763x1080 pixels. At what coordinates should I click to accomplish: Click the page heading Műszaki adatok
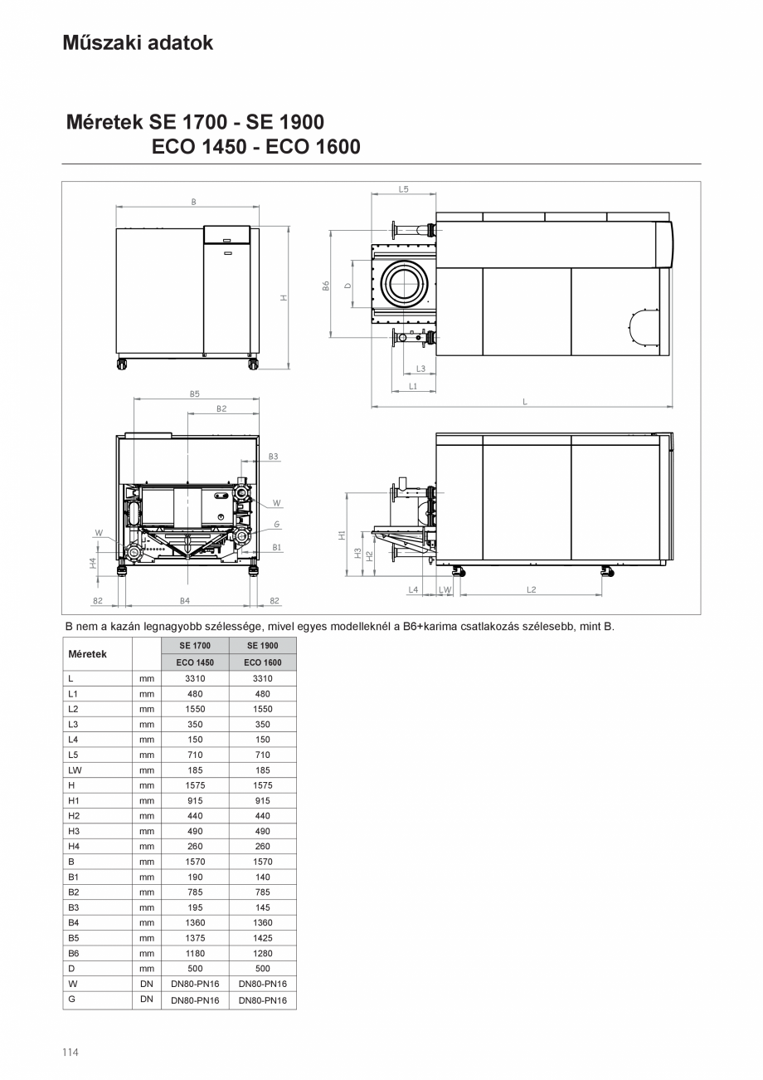click(x=138, y=43)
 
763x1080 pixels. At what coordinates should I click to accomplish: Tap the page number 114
click(x=70, y=1053)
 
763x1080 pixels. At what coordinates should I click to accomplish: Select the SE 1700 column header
click(x=195, y=645)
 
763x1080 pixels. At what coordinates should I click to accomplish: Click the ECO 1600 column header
click(x=262, y=662)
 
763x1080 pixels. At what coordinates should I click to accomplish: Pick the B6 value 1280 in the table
click(x=262, y=953)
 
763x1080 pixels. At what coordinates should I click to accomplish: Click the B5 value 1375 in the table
click(x=195, y=938)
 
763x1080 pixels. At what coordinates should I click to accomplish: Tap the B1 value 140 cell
click(x=262, y=877)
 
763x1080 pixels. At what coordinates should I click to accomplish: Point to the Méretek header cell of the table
click(x=88, y=654)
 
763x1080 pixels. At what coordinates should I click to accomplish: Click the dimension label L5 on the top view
click(x=403, y=189)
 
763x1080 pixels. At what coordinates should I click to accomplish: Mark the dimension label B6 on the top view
click(x=326, y=285)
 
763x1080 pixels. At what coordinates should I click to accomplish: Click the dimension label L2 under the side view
click(x=531, y=589)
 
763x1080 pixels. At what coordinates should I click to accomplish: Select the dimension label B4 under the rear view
click(x=185, y=600)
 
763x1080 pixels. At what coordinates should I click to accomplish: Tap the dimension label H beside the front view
click(x=284, y=297)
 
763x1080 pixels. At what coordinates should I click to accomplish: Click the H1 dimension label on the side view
click(x=342, y=535)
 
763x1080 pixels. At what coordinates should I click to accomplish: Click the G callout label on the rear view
click(x=276, y=525)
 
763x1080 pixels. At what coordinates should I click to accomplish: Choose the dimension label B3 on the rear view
click(x=273, y=457)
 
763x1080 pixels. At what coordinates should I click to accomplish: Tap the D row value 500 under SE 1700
click(x=195, y=968)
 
